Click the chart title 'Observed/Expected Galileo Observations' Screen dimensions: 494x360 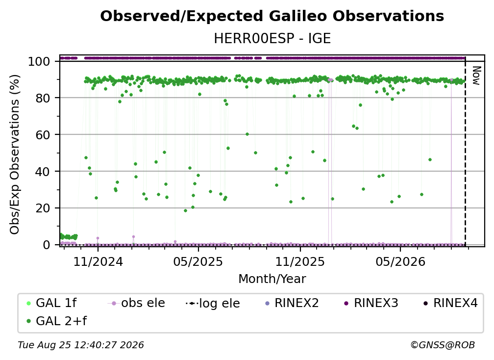(272, 16)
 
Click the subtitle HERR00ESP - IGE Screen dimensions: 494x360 (272, 39)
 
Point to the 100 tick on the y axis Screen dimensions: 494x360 (39, 61)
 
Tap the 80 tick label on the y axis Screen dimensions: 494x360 (43, 98)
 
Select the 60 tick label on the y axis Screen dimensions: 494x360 (43, 134)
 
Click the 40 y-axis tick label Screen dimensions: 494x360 (43, 172)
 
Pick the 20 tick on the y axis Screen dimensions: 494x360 (43, 208)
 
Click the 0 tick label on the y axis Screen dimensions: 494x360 (46, 245)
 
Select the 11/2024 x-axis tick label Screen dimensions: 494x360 (98, 261)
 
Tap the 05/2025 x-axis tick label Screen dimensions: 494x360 (198, 261)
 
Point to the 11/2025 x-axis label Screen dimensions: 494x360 (300, 261)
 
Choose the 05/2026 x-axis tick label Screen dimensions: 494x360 (400, 261)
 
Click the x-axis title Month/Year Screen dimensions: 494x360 (272, 279)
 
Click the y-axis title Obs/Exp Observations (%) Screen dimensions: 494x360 (15, 154)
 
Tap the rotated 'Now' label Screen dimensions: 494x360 (476, 76)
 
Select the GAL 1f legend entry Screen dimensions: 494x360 (52, 303)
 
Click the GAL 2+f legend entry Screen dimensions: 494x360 (57, 321)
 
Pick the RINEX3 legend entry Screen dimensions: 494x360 (371, 303)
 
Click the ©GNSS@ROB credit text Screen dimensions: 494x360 (443, 345)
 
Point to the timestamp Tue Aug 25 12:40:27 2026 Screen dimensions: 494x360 (81, 345)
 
